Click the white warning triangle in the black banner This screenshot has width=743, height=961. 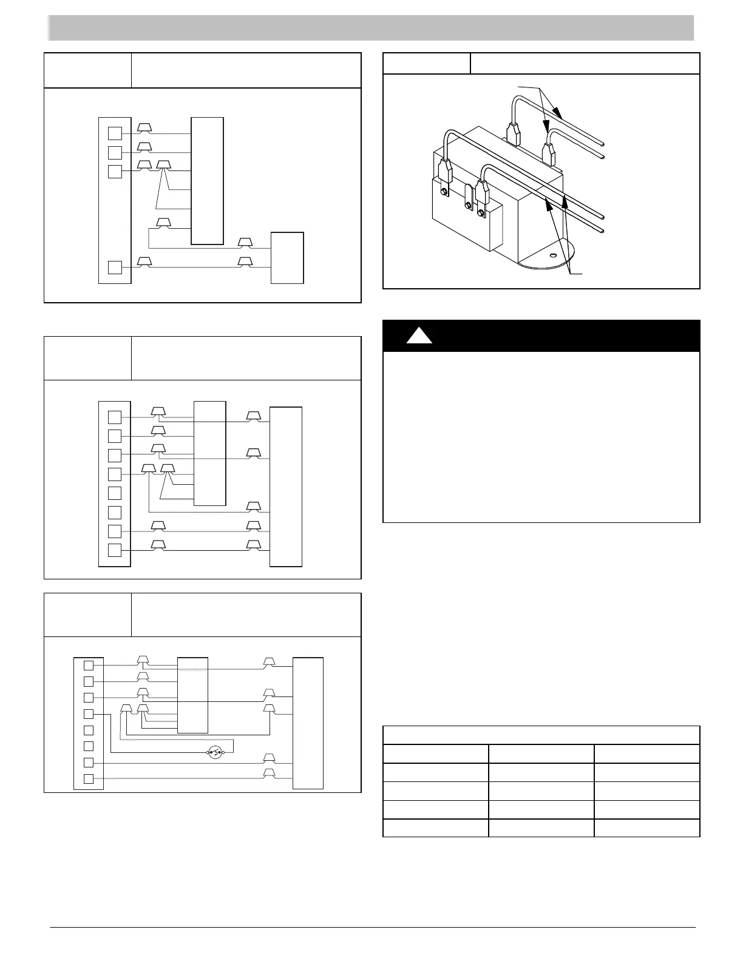419,336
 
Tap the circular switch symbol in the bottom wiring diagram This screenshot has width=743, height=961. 216,753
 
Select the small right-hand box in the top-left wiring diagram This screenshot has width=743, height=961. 287,257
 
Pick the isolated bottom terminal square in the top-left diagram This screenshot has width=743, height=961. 115,267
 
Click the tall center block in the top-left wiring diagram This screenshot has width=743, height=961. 208,181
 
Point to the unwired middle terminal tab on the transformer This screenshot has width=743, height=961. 469,198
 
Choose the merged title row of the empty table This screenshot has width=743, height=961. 541,735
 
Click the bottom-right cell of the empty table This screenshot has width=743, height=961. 646,828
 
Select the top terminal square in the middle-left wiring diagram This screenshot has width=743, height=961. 115,417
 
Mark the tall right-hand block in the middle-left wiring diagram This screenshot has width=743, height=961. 286,487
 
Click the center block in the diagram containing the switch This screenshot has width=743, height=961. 192,695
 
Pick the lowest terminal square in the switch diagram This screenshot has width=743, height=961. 89,779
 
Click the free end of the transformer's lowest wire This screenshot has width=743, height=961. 602,229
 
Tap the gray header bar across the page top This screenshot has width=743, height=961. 371,28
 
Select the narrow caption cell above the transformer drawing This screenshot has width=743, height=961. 427,63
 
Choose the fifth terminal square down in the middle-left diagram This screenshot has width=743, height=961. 115,493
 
